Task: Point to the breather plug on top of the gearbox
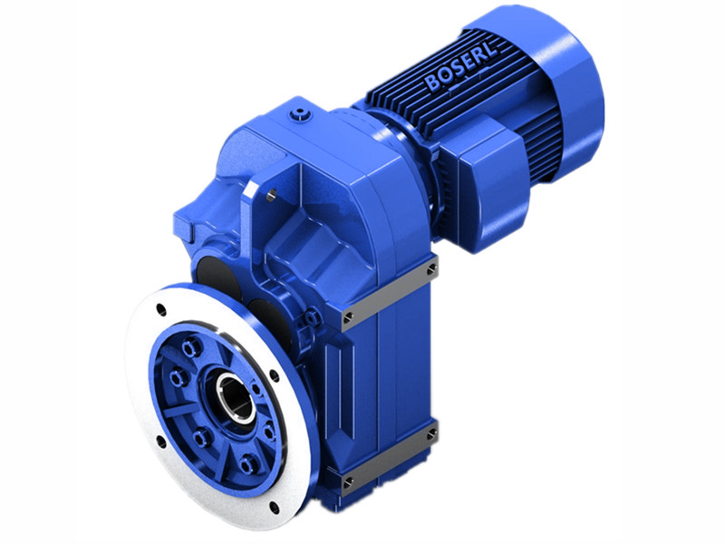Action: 300,115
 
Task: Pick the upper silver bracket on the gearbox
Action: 390,290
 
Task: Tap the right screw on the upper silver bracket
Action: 431,269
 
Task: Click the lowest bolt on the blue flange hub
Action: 246,466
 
